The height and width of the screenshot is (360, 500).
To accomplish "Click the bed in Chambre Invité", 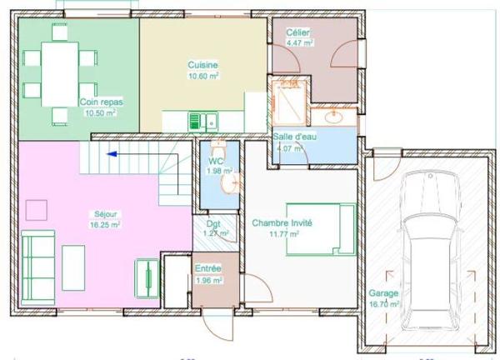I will click(322, 227).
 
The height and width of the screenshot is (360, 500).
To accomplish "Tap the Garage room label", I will click(384, 294).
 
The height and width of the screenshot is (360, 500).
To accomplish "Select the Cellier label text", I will click(298, 31).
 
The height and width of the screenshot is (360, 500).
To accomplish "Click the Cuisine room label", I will click(203, 65).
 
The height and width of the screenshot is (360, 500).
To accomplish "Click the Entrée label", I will click(207, 269).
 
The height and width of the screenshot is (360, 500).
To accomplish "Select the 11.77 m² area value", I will click(284, 234).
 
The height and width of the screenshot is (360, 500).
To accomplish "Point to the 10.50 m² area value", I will click(102, 112).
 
